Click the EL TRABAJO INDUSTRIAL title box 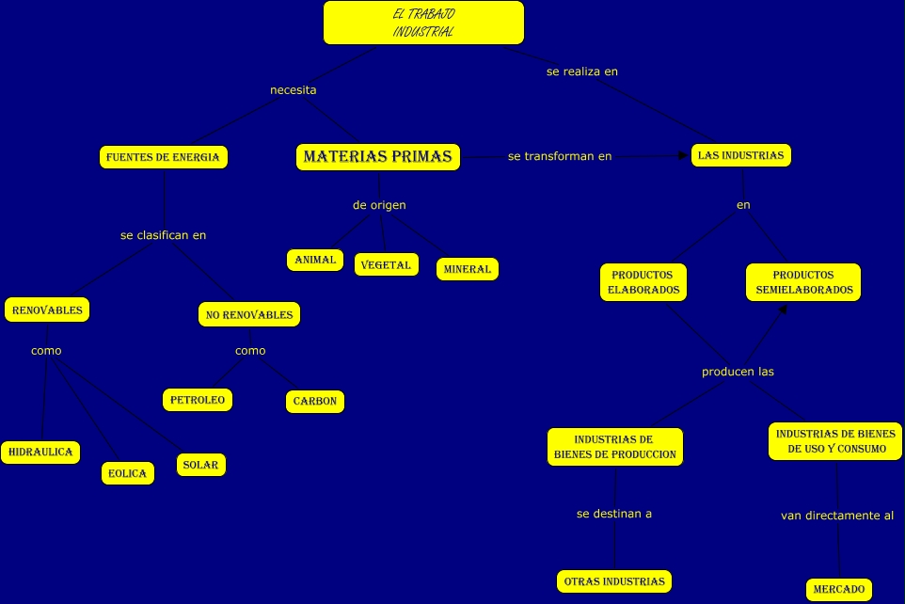[423, 23]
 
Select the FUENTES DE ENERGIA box [164, 157]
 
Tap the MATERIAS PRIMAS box [378, 157]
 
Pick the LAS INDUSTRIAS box [740, 155]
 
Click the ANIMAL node [315, 260]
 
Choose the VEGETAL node [387, 264]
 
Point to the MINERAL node [468, 269]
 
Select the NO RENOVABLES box [249, 314]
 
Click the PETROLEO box [198, 400]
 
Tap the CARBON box [315, 402]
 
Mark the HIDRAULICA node [40, 453]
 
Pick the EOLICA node [128, 473]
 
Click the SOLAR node [200, 465]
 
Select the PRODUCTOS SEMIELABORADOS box [804, 282]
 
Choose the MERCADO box [839, 589]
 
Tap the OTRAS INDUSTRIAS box [614, 581]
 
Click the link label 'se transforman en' [560, 156]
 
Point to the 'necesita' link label [293, 90]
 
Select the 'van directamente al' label [837, 516]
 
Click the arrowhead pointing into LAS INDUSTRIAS [685, 156]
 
